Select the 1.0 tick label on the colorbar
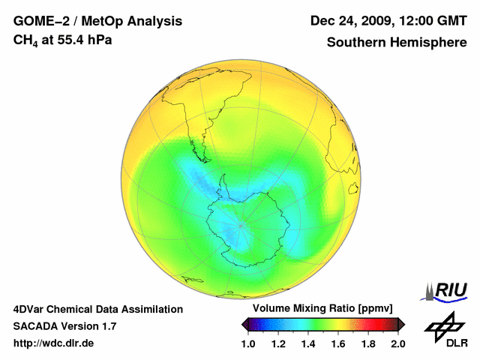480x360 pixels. tap(248, 343)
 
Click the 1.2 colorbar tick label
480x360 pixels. tap(278, 343)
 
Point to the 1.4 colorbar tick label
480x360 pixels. tap(308, 343)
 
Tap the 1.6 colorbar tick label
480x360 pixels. tap(338, 343)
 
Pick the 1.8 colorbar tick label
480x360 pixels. tap(368, 343)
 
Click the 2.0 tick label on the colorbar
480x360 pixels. tap(398, 343)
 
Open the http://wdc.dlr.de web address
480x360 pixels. tap(54, 343)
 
